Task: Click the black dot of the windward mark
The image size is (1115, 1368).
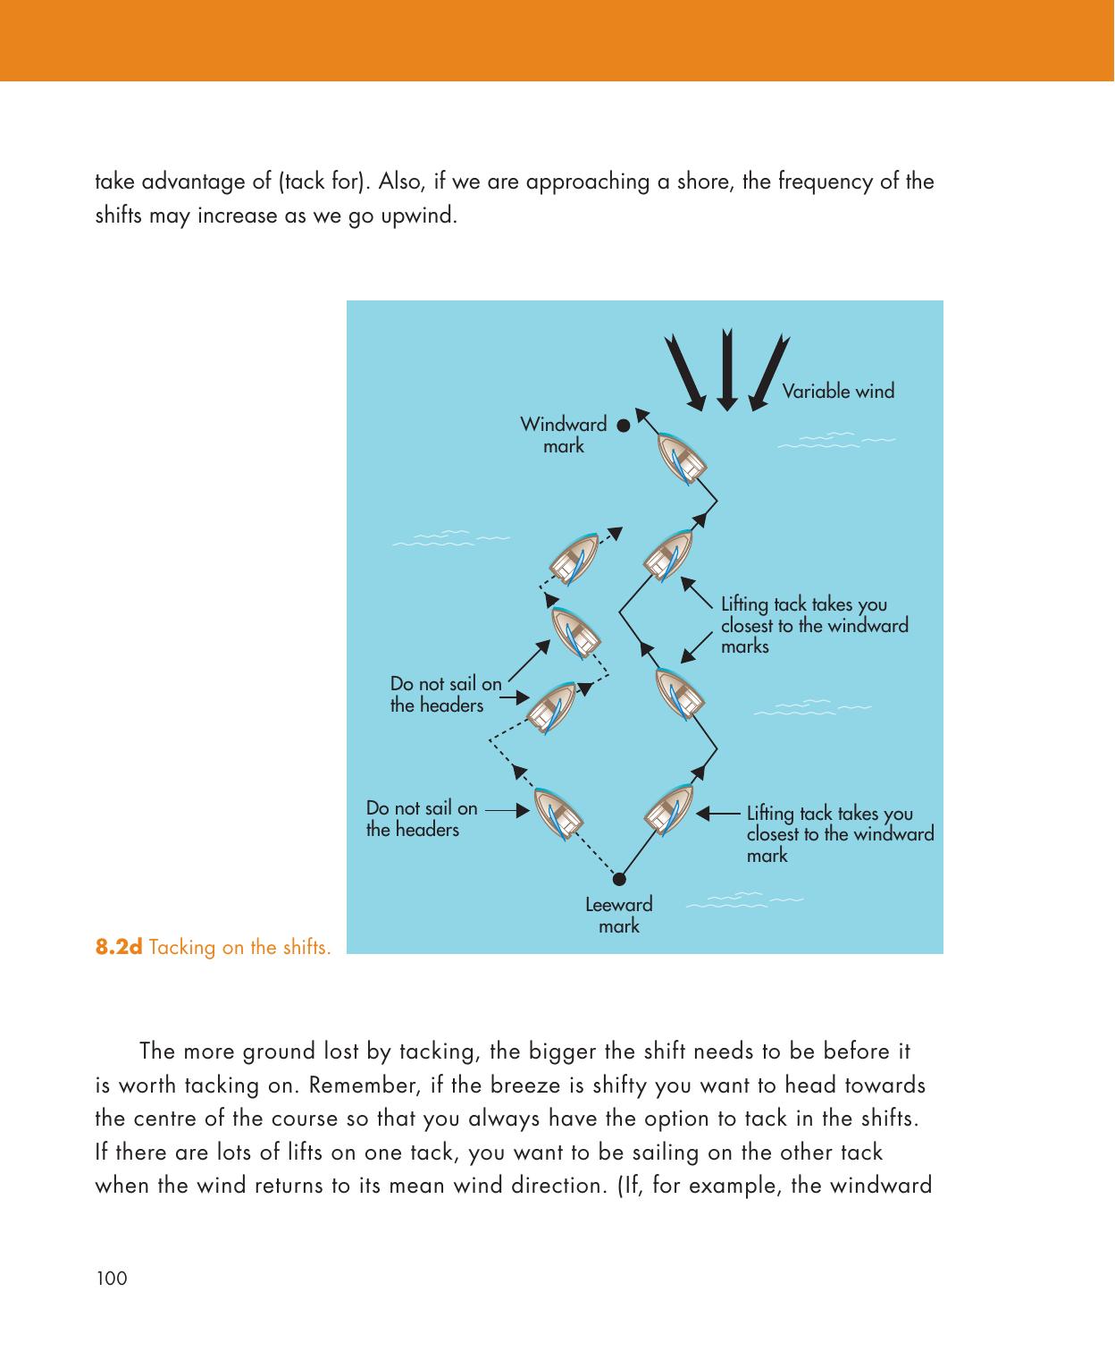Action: point(623,426)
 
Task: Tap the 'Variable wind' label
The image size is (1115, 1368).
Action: point(838,392)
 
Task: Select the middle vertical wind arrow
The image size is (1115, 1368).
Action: point(727,371)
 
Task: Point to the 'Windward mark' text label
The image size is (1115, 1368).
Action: point(563,435)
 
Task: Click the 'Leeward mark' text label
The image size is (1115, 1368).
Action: point(618,915)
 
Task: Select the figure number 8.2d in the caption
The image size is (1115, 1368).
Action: point(119,947)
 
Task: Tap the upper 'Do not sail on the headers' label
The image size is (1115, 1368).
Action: point(445,695)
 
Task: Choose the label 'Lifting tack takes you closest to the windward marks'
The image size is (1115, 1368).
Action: point(814,625)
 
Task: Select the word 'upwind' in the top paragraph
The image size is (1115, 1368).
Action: point(423,216)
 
